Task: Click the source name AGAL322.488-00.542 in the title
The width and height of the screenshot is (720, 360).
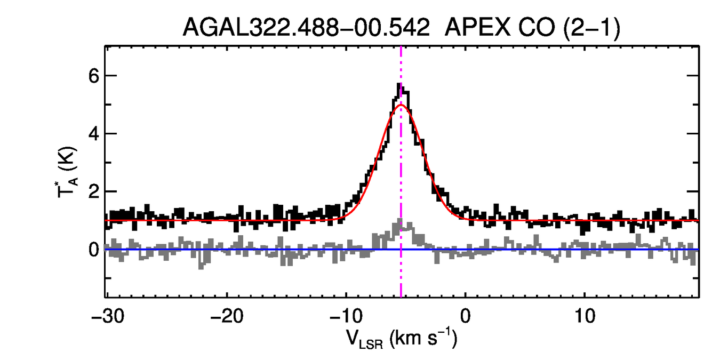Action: [x=306, y=27]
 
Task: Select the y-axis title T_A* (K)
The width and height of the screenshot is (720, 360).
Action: [x=68, y=172]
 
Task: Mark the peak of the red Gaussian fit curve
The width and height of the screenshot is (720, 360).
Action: [x=401, y=105]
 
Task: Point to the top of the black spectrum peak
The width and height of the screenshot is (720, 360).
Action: [x=399, y=84]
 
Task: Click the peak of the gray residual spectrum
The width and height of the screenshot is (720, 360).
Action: [x=400, y=221]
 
